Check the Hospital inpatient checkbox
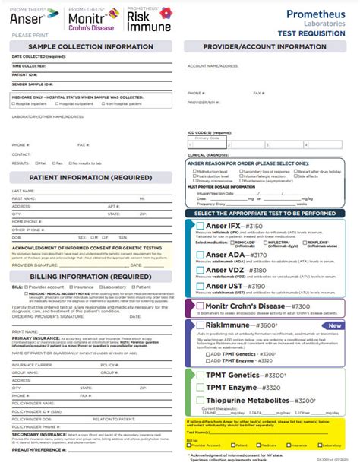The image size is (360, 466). pos(14,103)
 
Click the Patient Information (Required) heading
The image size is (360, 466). pos(91,179)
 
